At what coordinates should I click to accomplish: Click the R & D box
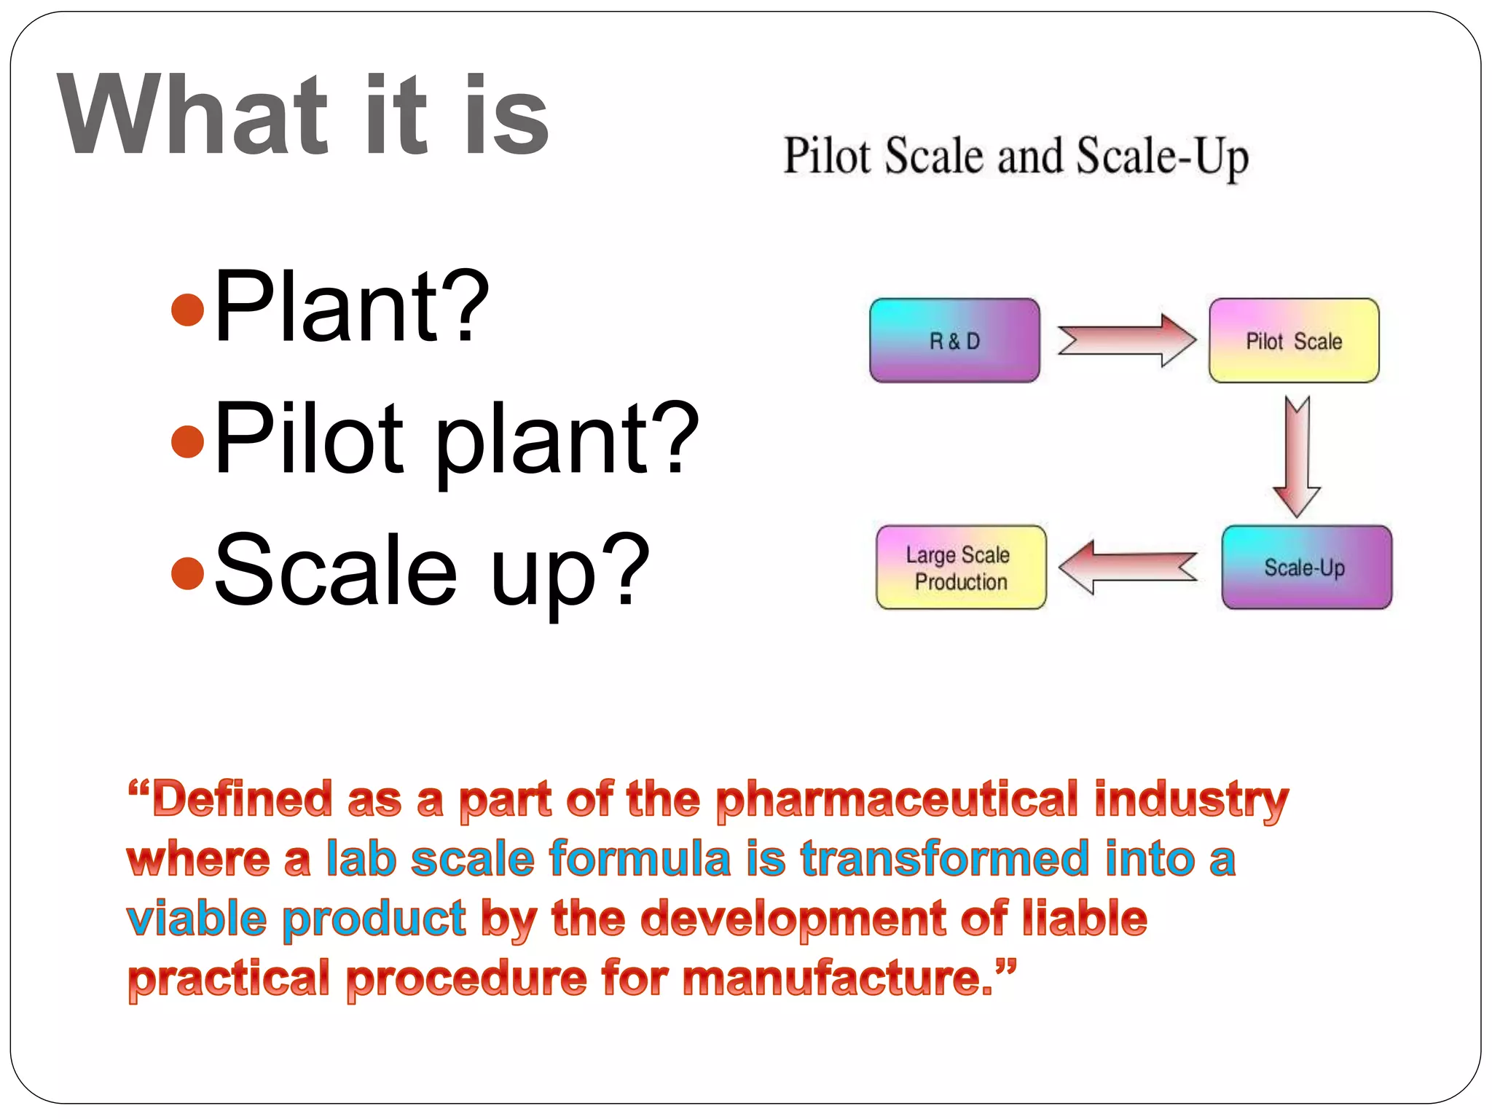pos(954,340)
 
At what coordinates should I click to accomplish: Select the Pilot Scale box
pos(1294,340)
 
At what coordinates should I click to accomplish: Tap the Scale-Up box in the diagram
pos(1306,568)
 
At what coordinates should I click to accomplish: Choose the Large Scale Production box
pos(960,568)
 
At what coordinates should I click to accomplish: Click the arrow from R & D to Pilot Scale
pos(1126,340)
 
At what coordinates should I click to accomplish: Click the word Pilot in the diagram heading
pos(827,156)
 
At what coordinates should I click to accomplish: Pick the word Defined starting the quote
pos(242,799)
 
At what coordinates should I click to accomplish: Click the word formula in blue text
pos(640,859)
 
